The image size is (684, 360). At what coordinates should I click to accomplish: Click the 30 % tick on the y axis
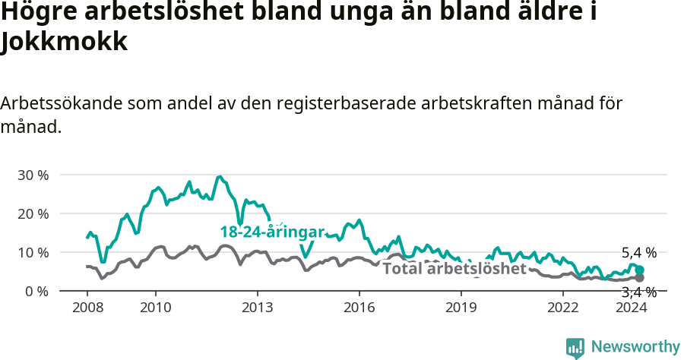tap(32, 175)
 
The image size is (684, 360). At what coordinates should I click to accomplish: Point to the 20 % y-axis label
tap(32, 213)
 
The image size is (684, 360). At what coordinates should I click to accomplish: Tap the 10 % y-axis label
tap(32, 252)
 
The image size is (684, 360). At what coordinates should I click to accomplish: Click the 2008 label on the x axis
tap(87, 307)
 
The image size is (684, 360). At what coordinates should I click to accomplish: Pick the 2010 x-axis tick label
tap(156, 307)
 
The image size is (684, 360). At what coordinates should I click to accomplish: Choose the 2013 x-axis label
tap(257, 307)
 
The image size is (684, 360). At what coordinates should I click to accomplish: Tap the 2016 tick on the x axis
tap(359, 307)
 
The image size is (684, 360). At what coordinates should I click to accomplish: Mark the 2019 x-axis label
tap(461, 307)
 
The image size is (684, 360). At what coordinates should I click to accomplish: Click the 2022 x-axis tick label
tap(563, 307)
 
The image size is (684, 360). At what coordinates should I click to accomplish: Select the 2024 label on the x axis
tap(631, 307)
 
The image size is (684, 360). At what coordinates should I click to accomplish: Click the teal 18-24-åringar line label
tap(272, 232)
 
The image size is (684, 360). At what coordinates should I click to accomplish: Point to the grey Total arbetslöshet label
tap(454, 269)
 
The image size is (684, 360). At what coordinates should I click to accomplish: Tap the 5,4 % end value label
tap(638, 253)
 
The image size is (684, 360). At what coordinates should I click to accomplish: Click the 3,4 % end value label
tap(638, 292)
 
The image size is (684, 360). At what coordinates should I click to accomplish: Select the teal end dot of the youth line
tap(639, 270)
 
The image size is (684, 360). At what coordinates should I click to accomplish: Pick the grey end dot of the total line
tap(639, 278)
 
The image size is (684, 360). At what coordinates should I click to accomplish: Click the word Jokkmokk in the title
tap(64, 42)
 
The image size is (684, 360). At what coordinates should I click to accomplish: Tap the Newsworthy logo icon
tap(575, 347)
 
